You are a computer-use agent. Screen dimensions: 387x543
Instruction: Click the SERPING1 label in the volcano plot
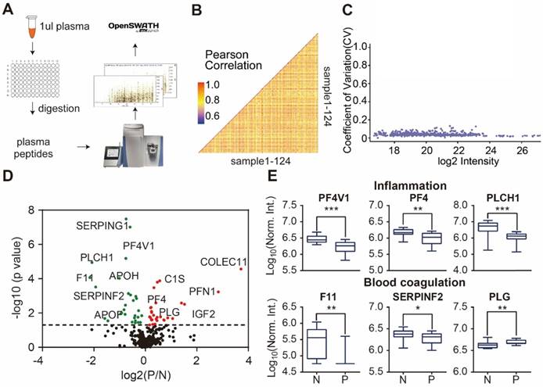pos(102,226)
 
